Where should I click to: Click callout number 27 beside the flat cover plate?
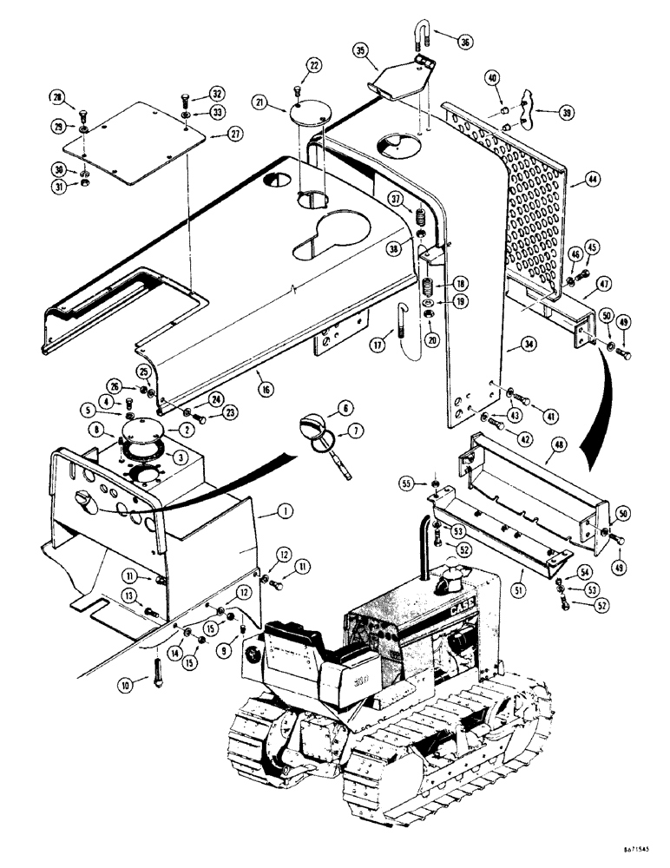tap(234, 134)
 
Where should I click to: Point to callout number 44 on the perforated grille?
tap(593, 180)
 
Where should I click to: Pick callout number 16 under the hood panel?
tap(265, 391)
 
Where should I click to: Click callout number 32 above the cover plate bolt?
tap(217, 96)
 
